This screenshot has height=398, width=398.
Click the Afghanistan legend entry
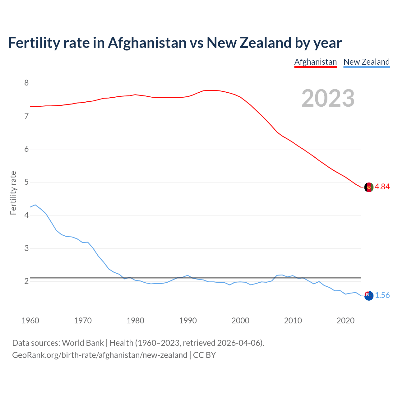click(x=315, y=62)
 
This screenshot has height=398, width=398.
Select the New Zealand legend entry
click(x=366, y=62)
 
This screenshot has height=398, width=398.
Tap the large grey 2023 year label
click(x=328, y=98)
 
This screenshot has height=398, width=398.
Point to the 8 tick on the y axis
click(x=26, y=83)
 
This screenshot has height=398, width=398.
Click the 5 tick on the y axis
click(x=26, y=182)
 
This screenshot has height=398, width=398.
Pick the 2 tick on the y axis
click(x=26, y=281)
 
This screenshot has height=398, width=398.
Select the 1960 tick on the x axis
click(x=30, y=321)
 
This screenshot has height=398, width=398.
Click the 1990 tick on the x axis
click(x=188, y=321)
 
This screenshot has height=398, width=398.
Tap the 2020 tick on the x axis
click(x=345, y=321)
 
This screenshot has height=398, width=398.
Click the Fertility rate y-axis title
click(x=13, y=193)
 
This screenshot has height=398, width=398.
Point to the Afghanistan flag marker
click(x=368, y=187)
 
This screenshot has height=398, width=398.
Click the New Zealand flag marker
click(x=368, y=296)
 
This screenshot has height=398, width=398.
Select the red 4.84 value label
click(x=382, y=187)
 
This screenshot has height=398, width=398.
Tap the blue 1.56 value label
click(x=382, y=295)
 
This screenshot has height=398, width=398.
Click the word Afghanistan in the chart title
click(x=147, y=43)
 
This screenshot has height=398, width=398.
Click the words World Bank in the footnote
click(x=83, y=343)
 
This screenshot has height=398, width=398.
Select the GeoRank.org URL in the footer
click(x=99, y=355)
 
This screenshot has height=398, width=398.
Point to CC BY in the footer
click(x=204, y=355)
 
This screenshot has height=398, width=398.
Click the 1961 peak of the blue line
click(x=35, y=205)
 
